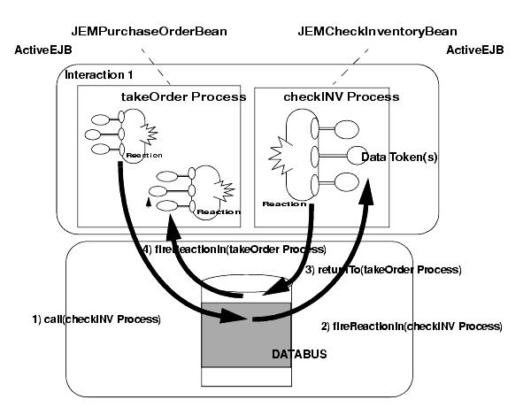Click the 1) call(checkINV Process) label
pyautogui.click(x=107, y=318)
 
